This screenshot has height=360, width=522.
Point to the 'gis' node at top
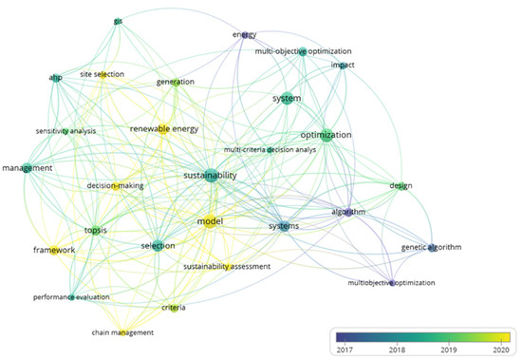(118, 21)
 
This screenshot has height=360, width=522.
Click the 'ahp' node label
(55, 78)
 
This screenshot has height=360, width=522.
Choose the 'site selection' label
(99, 73)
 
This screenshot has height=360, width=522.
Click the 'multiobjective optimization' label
(392, 284)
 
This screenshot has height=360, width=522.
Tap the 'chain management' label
(122, 332)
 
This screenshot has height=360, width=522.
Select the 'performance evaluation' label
(65, 297)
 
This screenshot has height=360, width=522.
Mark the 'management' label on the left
(28, 168)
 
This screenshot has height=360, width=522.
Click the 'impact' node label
(343, 65)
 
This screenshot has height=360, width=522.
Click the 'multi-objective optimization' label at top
(304, 51)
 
